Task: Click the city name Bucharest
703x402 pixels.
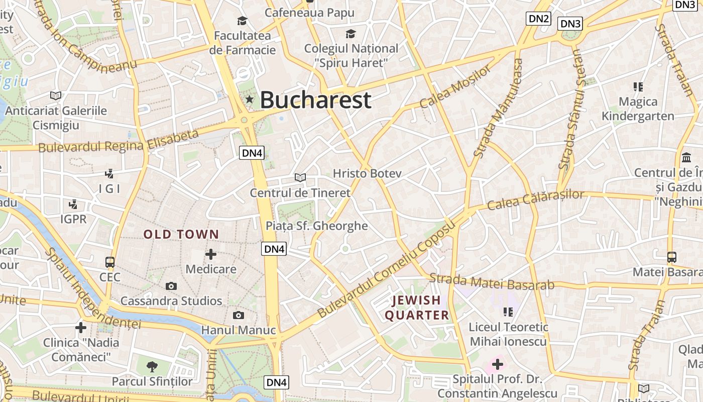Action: click(x=315, y=100)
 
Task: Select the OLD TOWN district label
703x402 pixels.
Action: click(x=181, y=234)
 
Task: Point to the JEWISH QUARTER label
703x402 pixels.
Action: click(x=417, y=308)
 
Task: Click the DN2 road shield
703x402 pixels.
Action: click(x=539, y=19)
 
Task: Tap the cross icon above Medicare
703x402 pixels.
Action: click(x=211, y=254)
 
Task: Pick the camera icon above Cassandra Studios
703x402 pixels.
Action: click(x=171, y=286)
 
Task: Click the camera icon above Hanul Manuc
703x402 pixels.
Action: click(x=239, y=315)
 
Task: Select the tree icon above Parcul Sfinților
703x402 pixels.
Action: click(x=152, y=367)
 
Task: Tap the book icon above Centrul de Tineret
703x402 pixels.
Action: click(x=300, y=177)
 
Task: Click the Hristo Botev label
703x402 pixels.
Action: click(x=368, y=174)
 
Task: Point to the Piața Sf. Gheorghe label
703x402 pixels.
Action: click(x=317, y=226)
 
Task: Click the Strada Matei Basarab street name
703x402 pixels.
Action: click(x=492, y=282)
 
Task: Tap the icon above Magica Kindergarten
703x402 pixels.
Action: click(x=638, y=87)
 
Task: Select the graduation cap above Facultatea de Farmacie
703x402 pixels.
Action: click(x=243, y=21)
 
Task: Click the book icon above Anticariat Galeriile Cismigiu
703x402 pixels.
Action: click(x=56, y=95)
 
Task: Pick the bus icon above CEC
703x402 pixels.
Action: click(x=109, y=262)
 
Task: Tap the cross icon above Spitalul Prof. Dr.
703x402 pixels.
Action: click(x=497, y=363)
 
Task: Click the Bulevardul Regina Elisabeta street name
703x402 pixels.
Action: click(x=119, y=142)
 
